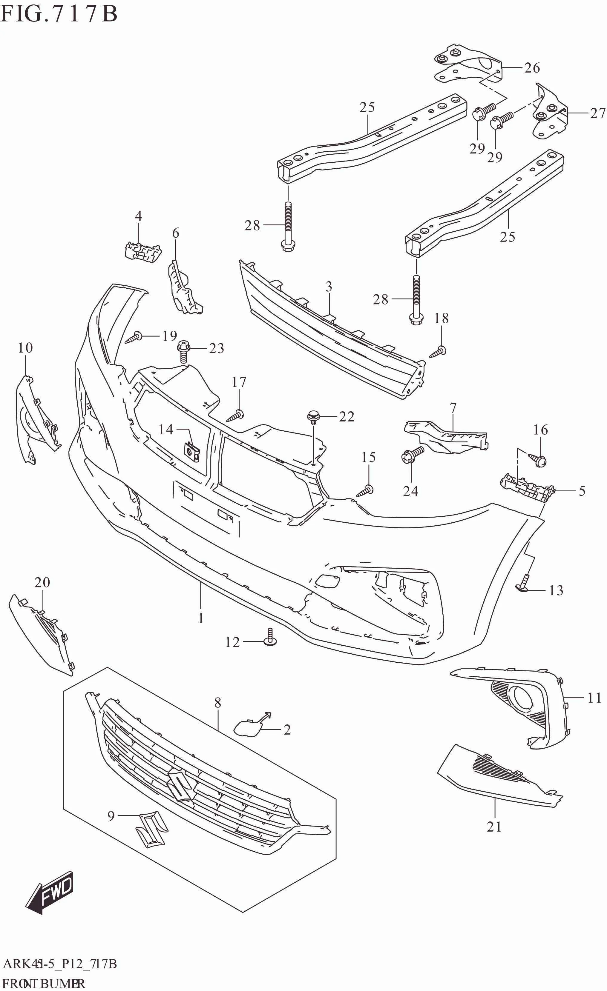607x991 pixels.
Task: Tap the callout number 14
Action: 165,430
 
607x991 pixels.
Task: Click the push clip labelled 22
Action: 313,417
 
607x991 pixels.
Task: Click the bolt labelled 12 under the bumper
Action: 270,638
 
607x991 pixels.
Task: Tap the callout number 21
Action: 494,826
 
